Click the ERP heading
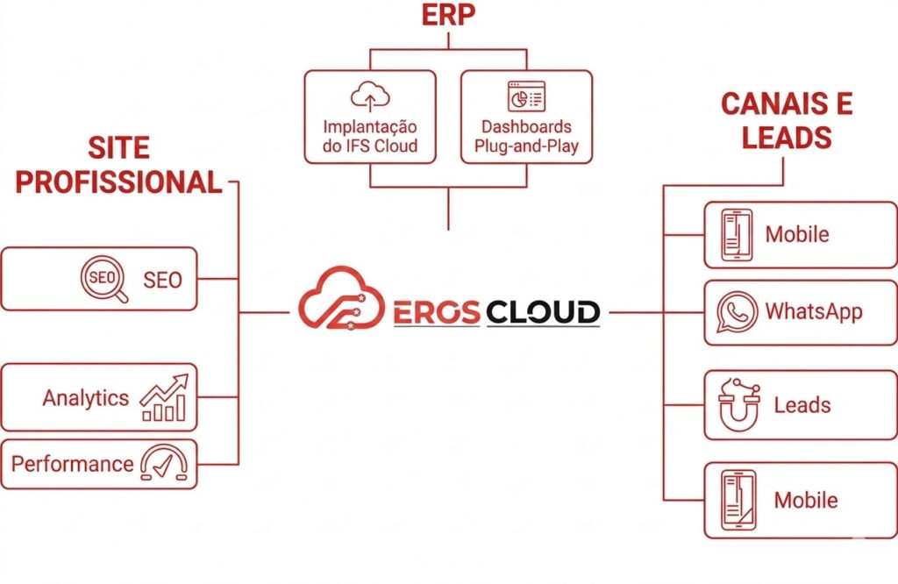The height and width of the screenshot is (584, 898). (x=448, y=18)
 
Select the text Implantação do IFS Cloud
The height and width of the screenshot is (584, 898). (x=369, y=136)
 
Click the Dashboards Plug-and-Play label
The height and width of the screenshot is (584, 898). (x=526, y=136)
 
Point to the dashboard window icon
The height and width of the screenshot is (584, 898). (x=526, y=96)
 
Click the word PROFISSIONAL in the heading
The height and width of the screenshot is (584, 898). (x=119, y=182)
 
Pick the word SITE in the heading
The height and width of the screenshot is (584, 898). (x=118, y=147)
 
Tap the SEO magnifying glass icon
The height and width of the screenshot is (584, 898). (x=103, y=280)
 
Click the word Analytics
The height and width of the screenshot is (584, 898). (x=85, y=398)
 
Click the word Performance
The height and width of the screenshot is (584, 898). (x=72, y=464)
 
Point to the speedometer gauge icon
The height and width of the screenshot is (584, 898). (x=163, y=464)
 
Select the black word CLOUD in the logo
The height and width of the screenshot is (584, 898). (x=543, y=311)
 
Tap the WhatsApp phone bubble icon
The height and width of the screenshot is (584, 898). (x=737, y=312)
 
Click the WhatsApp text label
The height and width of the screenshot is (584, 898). (x=814, y=311)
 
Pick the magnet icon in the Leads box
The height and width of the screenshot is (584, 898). (x=738, y=406)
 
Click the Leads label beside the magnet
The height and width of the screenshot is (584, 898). (x=802, y=405)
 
